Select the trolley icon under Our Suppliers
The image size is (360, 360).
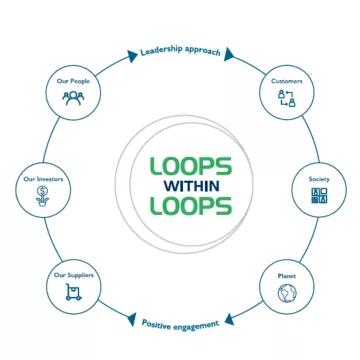point(73,292)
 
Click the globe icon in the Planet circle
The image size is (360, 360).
point(288,293)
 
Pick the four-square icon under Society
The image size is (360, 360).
point(318,195)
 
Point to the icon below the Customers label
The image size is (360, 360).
point(287,97)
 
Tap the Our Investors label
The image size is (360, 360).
point(43,178)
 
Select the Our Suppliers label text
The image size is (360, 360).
point(73,275)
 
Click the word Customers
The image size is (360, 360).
point(287,80)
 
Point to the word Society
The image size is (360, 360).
point(318,178)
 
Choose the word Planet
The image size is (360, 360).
point(288,275)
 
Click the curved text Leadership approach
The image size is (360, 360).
point(180,49)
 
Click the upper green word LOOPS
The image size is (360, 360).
point(191,165)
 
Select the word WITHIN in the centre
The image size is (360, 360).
point(191,186)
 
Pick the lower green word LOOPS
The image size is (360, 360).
point(191,207)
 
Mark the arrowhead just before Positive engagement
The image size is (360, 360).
point(132,319)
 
